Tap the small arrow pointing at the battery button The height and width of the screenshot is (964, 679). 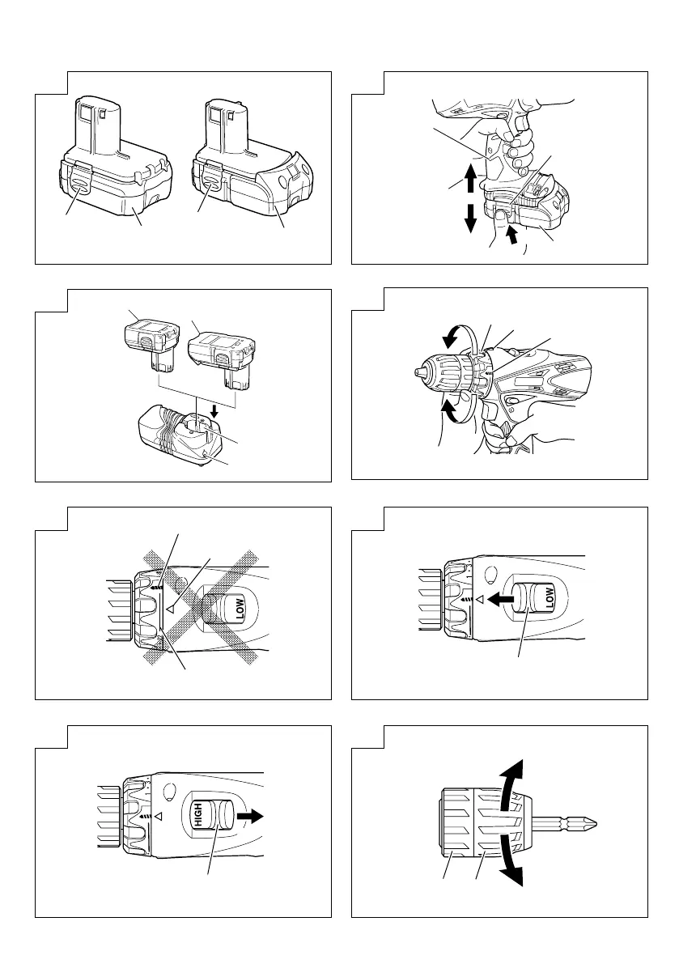point(511,235)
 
